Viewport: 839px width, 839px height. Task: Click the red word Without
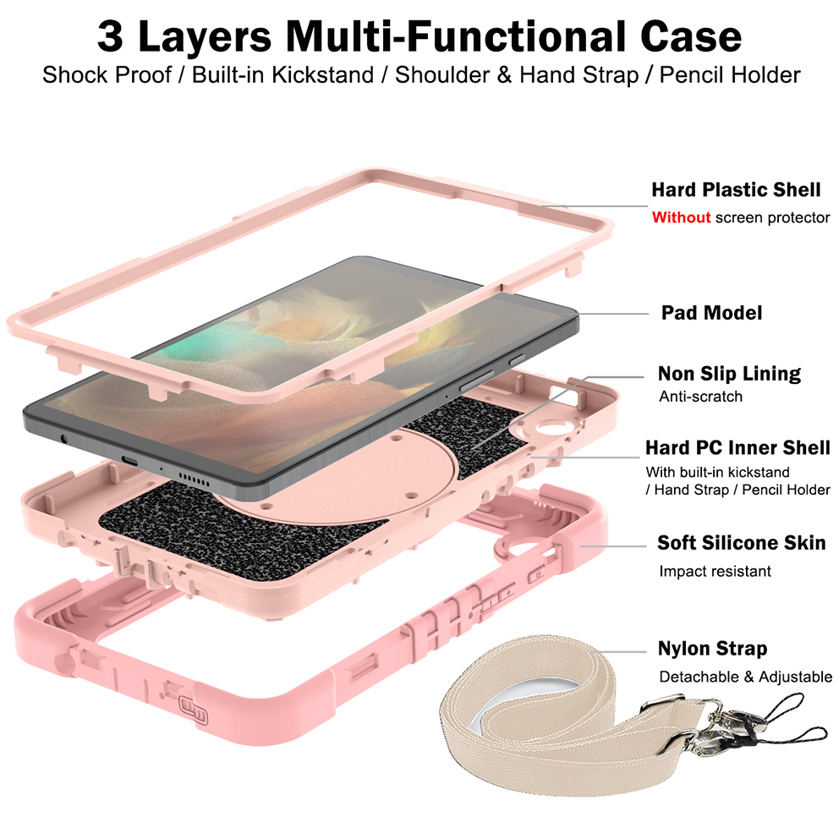click(681, 217)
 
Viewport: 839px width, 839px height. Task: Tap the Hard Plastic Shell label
click(736, 189)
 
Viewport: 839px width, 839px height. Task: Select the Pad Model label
click(711, 312)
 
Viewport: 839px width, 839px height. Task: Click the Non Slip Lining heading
click(729, 374)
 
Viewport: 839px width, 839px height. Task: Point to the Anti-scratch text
click(700, 397)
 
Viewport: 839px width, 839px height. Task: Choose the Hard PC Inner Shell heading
click(738, 447)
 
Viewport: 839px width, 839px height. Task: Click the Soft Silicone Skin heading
click(741, 543)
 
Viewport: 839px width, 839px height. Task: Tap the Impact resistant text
click(715, 571)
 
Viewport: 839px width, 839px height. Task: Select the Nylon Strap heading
click(712, 649)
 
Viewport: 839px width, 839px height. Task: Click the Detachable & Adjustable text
click(745, 677)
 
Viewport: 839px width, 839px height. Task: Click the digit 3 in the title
click(111, 36)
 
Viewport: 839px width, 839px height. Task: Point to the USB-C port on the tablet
click(129, 461)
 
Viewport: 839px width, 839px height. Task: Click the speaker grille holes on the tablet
click(194, 479)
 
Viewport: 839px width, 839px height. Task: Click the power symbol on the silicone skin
click(537, 575)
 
